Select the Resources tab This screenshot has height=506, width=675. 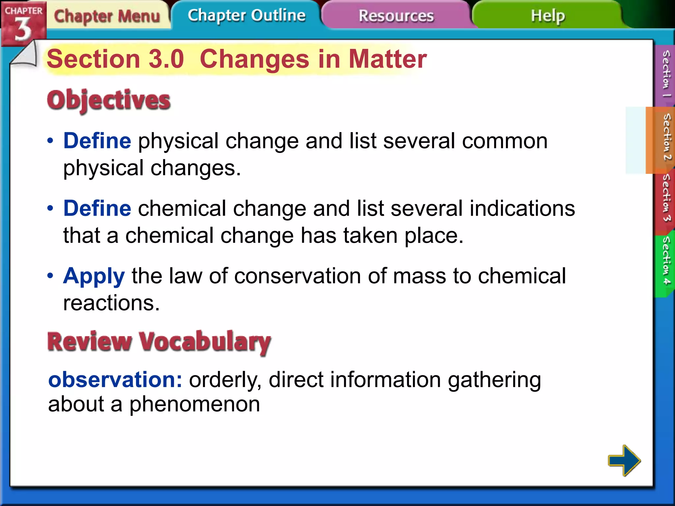coord(396,16)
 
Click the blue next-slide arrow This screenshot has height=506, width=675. coord(624,460)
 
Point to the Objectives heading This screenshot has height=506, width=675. coord(109,100)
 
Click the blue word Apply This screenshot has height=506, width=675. coord(94,276)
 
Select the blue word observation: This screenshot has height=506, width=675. coord(115,379)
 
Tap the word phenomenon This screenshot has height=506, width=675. coord(194,405)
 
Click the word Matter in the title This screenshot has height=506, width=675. coord(388,59)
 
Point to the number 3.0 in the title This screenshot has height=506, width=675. coord(166,59)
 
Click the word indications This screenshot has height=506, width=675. coord(522,209)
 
